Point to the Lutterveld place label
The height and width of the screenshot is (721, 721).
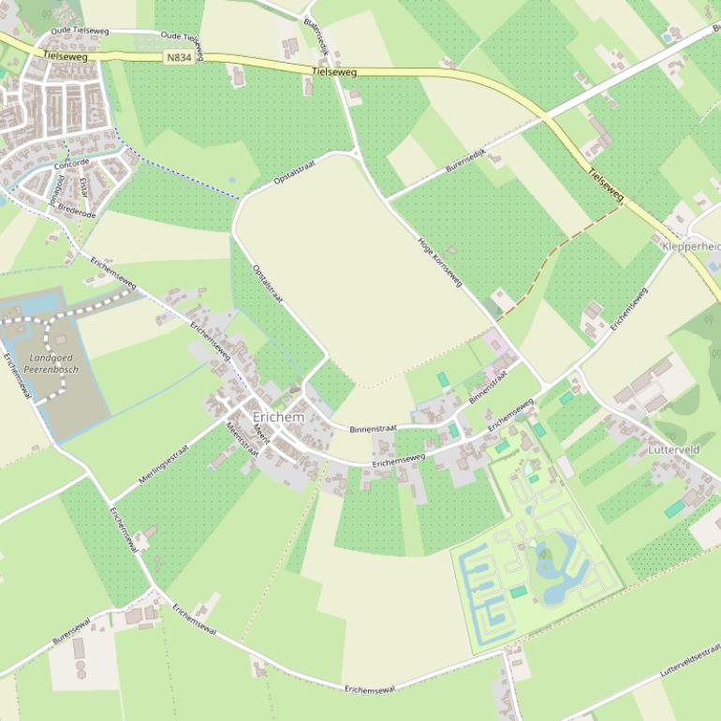pyautogui.click(x=673, y=449)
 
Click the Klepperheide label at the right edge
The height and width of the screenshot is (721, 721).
pyautogui.click(x=691, y=246)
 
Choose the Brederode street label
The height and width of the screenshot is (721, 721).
pyautogui.click(x=78, y=212)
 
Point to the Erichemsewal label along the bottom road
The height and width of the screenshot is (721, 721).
pyautogui.click(x=370, y=689)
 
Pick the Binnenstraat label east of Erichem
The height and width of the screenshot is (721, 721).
pyautogui.click(x=373, y=428)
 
